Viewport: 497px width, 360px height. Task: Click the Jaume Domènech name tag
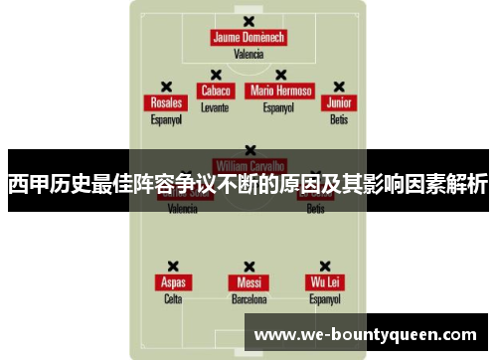(x=248, y=38)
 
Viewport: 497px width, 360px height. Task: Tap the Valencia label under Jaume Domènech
(x=248, y=55)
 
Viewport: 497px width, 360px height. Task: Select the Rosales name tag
(x=166, y=103)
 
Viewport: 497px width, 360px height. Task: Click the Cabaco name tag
(x=215, y=90)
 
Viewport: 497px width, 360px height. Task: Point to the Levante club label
(x=215, y=106)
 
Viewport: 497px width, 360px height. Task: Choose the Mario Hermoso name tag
(x=280, y=90)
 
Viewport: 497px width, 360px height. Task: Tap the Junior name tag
(x=339, y=103)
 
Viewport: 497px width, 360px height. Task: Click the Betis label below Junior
(x=339, y=119)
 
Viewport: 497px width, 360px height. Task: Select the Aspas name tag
(x=173, y=282)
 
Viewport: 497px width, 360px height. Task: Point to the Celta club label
(x=173, y=298)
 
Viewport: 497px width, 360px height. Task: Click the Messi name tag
(x=248, y=282)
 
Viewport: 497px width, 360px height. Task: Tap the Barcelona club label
(x=248, y=298)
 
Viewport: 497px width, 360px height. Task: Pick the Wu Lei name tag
(x=324, y=282)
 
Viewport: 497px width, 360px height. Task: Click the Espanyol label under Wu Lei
(x=324, y=298)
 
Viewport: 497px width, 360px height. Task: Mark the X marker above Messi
(x=248, y=266)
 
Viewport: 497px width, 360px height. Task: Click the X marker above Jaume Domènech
(x=248, y=20)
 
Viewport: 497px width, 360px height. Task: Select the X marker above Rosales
(x=166, y=87)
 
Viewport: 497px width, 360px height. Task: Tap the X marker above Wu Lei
(x=324, y=266)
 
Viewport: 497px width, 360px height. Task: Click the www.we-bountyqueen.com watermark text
(x=367, y=335)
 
